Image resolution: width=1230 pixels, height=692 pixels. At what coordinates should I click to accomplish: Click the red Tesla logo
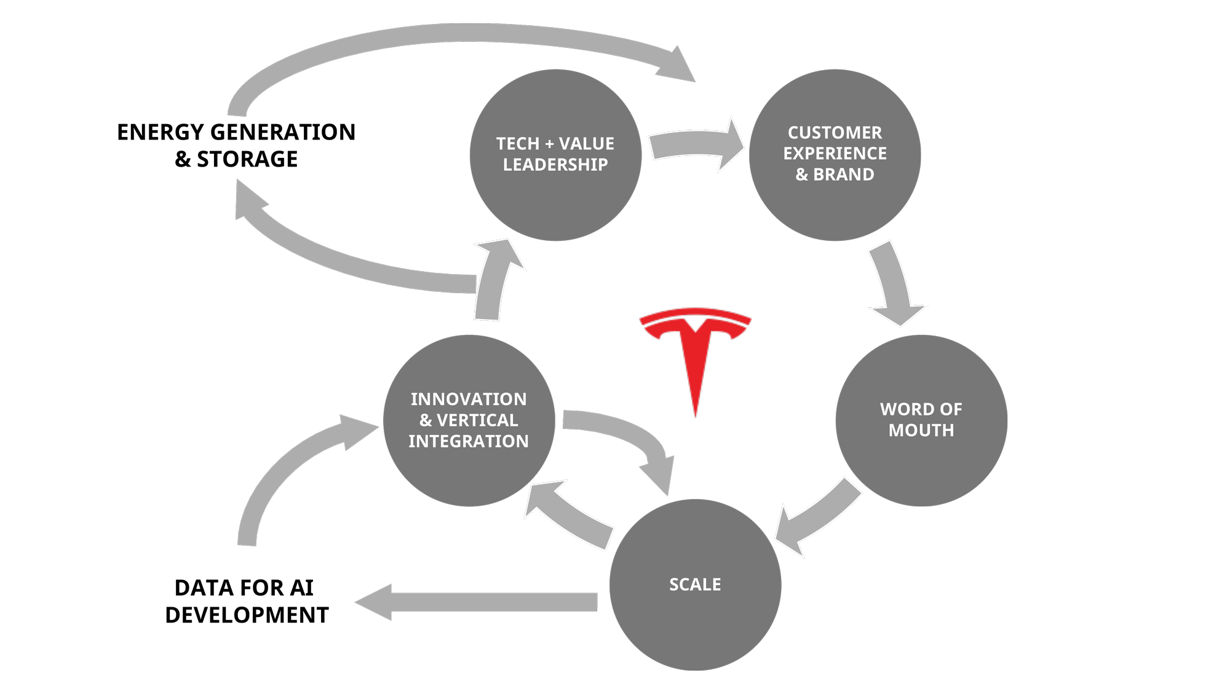[x=696, y=350]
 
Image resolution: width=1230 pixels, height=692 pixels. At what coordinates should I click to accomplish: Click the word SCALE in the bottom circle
[x=695, y=584]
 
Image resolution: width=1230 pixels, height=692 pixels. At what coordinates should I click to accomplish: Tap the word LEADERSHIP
[x=555, y=165]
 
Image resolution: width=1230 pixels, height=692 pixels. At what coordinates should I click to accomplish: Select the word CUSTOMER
[x=835, y=133]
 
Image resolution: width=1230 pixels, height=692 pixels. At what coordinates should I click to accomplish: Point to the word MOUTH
[x=921, y=430]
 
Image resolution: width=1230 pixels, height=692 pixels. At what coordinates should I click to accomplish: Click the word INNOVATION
[x=469, y=399]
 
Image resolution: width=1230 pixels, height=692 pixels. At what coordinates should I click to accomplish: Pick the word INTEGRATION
[x=469, y=441]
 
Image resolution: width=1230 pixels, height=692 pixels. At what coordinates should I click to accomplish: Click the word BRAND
[x=843, y=175]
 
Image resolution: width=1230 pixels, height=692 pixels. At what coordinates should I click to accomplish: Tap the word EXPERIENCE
[x=835, y=154]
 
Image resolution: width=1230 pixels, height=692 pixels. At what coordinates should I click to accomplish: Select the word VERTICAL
[x=477, y=420]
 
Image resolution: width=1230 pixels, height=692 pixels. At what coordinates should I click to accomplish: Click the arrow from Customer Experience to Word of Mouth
[x=895, y=283]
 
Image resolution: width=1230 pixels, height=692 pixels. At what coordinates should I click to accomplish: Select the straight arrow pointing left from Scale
[x=480, y=602]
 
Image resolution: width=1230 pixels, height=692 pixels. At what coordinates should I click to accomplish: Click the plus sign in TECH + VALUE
[x=549, y=144]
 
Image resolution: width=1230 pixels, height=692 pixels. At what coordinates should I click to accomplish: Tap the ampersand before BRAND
[x=801, y=175]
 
